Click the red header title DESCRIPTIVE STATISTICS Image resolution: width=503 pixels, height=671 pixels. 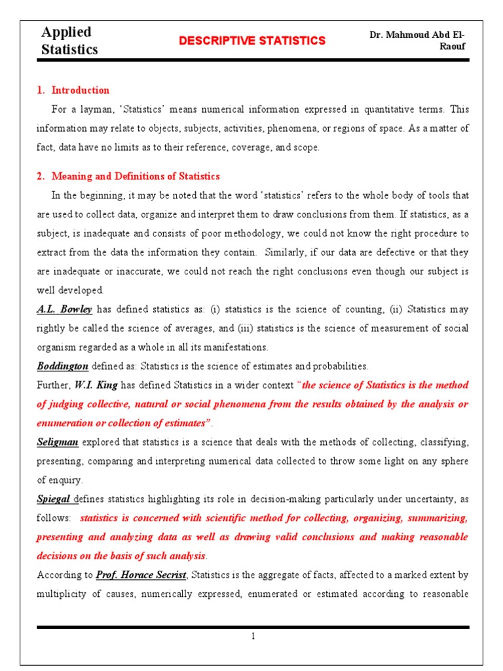[x=252, y=41]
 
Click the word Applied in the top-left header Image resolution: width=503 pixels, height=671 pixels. [x=66, y=32]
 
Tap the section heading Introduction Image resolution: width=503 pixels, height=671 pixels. [x=81, y=90]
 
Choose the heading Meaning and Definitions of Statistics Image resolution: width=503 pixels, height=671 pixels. [x=136, y=176]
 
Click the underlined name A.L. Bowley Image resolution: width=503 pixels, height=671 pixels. [x=64, y=309]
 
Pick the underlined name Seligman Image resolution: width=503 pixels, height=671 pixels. [x=58, y=442]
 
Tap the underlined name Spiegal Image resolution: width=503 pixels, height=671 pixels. [x=54, y=499]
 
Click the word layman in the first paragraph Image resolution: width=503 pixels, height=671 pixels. [x=91, y=109]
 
